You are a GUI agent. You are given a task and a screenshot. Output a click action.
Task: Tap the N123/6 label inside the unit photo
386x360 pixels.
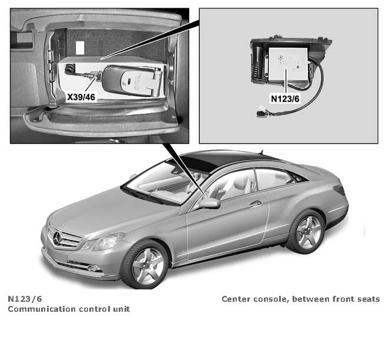click(285, 99)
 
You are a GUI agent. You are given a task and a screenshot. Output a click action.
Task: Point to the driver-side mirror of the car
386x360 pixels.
click(209, 203)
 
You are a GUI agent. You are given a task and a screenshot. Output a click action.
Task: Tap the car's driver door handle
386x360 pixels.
click(256, 204)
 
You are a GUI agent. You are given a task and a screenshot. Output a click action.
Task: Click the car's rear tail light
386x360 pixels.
click(339, 190)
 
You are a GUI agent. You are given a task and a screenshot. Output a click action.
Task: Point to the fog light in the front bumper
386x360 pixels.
click(92, 268)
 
